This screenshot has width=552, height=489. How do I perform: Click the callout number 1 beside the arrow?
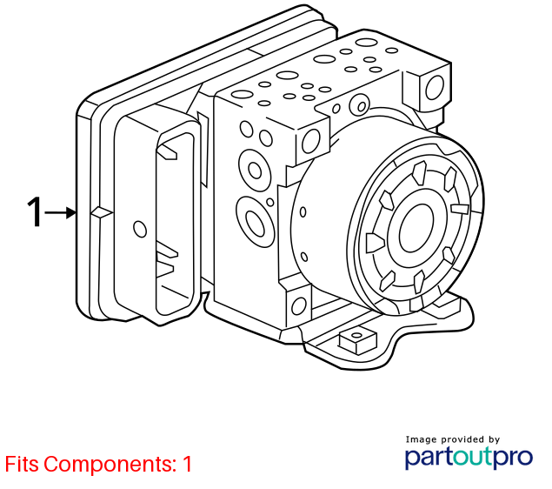[x=35, y=211]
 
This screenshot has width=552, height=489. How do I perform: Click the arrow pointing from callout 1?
[x=61, y=213]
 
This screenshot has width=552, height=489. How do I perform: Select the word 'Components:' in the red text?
[x=110, y=464]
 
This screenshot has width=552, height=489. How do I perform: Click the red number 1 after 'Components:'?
[x=187, y=464]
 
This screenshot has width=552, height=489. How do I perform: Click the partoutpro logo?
[x=469, y=458]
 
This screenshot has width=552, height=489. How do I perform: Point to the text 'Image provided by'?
[x=452, y=439]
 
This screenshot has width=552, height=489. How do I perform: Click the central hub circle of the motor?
[x=416, y=228]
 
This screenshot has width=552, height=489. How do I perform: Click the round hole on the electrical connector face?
[x=140, y=229]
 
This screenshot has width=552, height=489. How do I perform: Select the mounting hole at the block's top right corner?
[x=436, y=88]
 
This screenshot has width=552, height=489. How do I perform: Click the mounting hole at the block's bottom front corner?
[x=299, y=306]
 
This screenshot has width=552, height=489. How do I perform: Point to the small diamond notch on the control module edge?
[x=102, y=212]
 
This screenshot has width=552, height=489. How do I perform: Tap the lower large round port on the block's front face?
[x=255, y=224]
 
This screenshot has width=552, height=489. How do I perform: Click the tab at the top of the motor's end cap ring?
[x=420, y=172]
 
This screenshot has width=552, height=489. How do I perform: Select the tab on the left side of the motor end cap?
[x=376, y=243]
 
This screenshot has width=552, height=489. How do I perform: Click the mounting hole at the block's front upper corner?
[x=311, y=141]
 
